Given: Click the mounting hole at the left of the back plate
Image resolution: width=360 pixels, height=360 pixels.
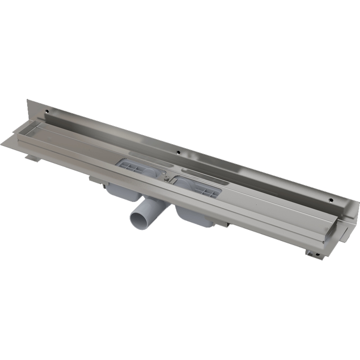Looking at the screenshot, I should pos(46,110).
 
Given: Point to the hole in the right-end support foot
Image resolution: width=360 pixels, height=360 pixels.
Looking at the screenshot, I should pos(318,255).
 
